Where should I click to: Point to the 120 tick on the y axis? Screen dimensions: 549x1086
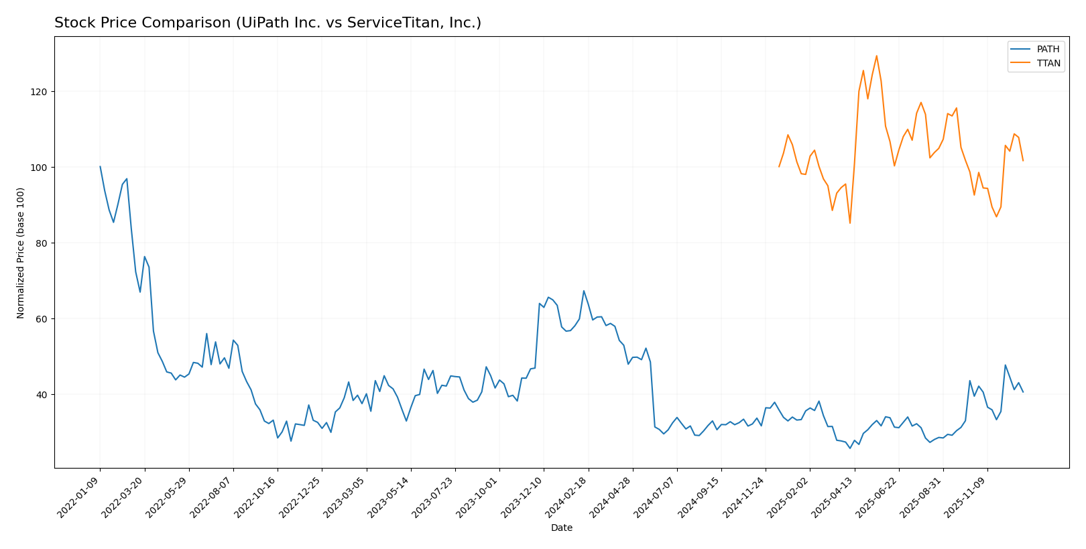(x=41, y=92)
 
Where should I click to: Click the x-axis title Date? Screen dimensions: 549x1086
(x=561, y=528)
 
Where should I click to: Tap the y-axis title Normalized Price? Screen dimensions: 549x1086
(x=21, y=253)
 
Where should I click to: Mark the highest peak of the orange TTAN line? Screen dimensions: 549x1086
(x=876, y=56)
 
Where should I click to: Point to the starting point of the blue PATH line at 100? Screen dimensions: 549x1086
(x=100, y=167)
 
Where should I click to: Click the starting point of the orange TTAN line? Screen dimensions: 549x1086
(x=779, y=167)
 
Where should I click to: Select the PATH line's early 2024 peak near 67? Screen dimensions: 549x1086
(x=584, y=291)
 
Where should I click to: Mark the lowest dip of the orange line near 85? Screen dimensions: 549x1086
(x=850, y=223)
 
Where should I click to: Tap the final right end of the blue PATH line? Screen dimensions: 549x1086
(x=1023, y=392)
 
